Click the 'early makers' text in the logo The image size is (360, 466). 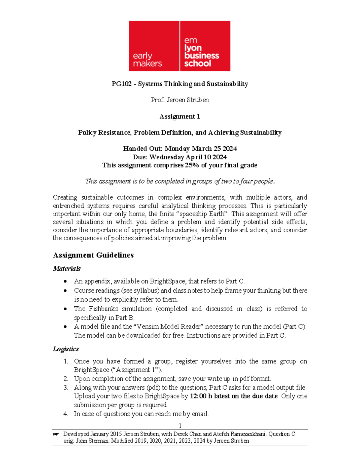tap(147, 59)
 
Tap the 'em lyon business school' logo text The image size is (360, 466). tap(201, 52)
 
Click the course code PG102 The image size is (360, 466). tap(121, 84)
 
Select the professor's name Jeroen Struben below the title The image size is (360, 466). tap(187, 100)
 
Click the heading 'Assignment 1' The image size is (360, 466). tap(180, 116)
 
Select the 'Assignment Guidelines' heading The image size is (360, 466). tap(93, 255)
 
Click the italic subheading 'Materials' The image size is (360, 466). tap(67, 268)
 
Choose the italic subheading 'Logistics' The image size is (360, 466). tap(66, 349)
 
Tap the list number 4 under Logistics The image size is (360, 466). tap(66, 414)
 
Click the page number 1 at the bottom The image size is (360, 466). tap(180, 425)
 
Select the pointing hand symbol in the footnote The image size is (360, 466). tap(55, 434)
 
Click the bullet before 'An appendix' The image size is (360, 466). tap(65, 281)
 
